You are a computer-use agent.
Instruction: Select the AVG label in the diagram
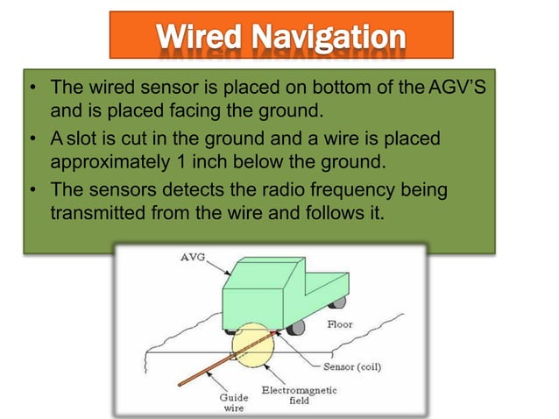click(190, 258)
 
